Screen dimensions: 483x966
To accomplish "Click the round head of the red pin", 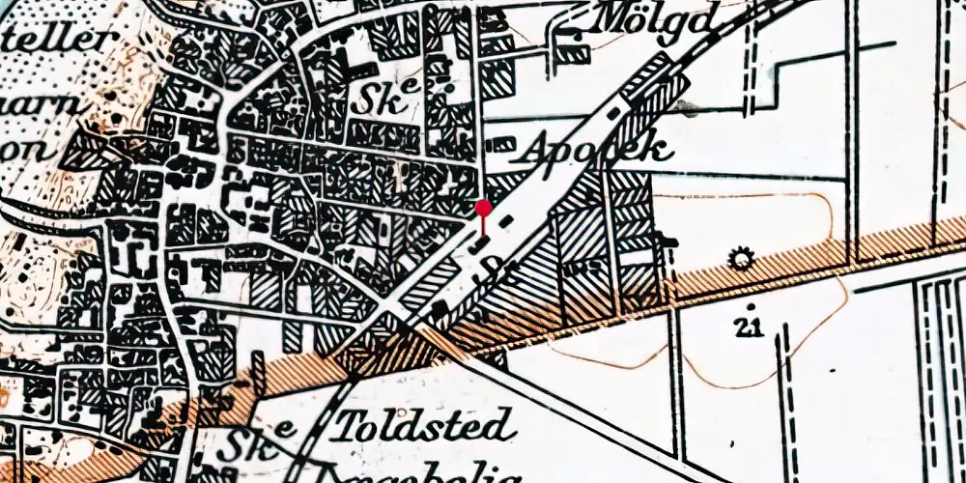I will (484, 208).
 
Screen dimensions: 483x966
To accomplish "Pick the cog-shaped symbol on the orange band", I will (741, 259).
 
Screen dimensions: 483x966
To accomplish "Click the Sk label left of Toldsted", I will (241, 445).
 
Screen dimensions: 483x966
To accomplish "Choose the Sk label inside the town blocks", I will (384, 98).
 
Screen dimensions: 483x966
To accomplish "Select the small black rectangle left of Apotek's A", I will (500, 145).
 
